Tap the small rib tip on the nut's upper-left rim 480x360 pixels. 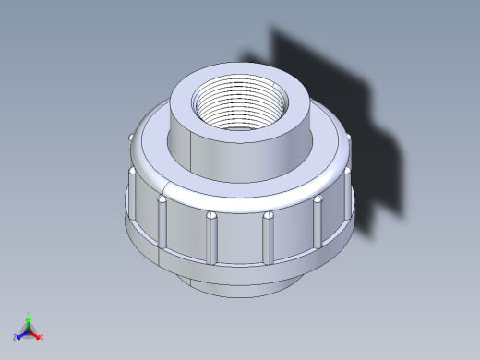[x=128, y=139]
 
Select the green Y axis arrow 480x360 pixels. [x=29, y=320]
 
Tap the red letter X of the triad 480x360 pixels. [x=42, y=337]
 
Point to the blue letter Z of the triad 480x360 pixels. [x=16, y=338]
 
